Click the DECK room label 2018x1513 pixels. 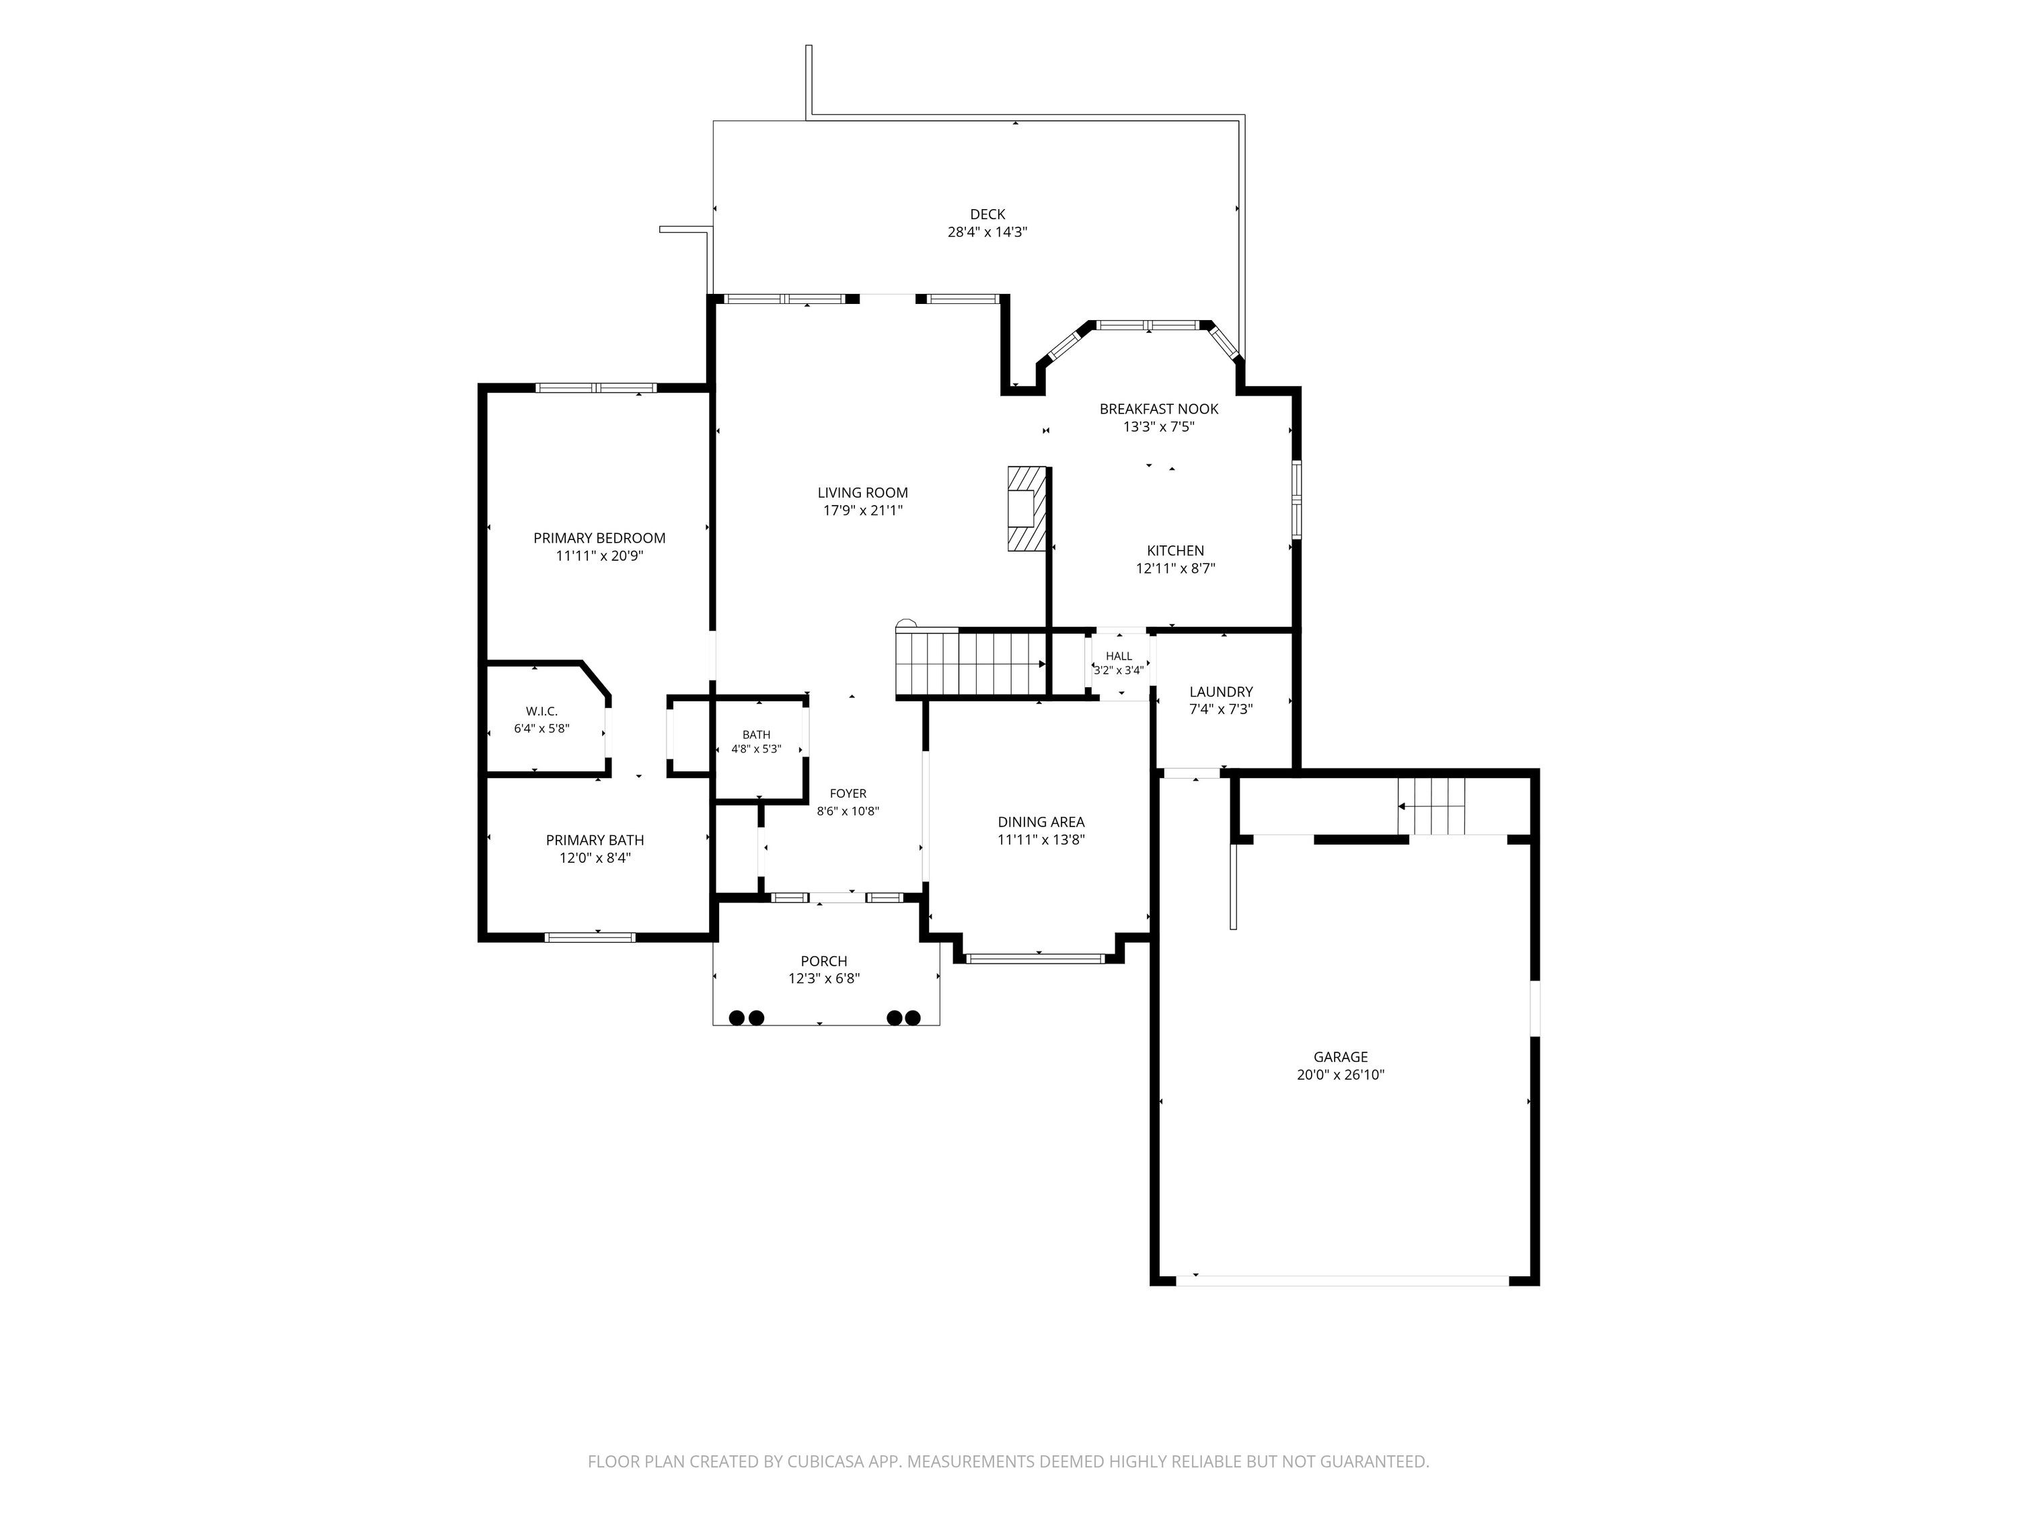987,215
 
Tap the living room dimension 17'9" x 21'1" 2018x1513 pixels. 863,510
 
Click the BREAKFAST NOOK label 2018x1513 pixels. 1158,410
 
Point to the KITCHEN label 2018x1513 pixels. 1175,551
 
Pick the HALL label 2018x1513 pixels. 1119,656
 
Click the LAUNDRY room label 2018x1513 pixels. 1221,692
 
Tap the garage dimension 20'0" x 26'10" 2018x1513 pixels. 1340,1075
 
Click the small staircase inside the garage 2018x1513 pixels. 1431,806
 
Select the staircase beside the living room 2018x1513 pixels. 971,664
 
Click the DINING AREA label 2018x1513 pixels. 1041,822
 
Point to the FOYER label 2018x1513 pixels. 848,794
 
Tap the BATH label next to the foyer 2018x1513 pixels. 756,735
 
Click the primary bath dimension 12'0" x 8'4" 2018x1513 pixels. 595,858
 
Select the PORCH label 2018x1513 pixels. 824,961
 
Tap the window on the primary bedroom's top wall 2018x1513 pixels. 596,387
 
